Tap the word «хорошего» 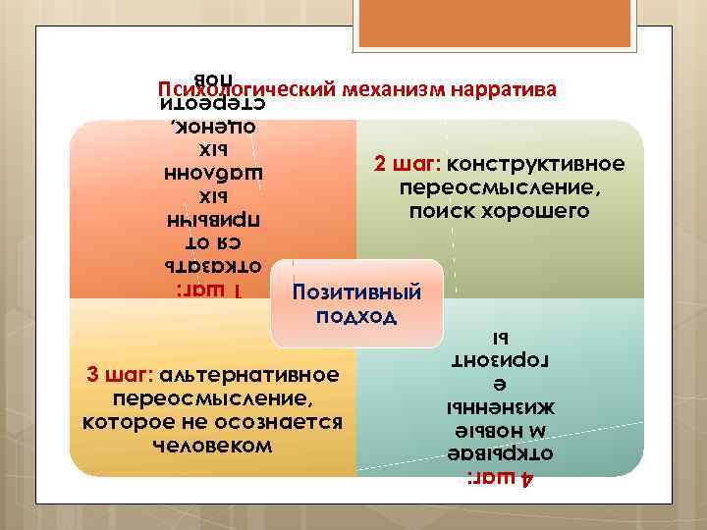(x=541, y=211)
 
